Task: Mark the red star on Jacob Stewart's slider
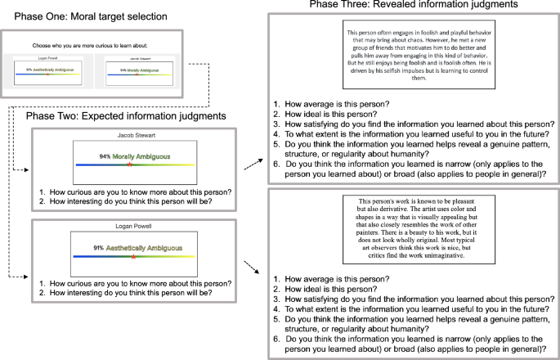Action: [129, 165]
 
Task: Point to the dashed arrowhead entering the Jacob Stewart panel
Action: [28, 171]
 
